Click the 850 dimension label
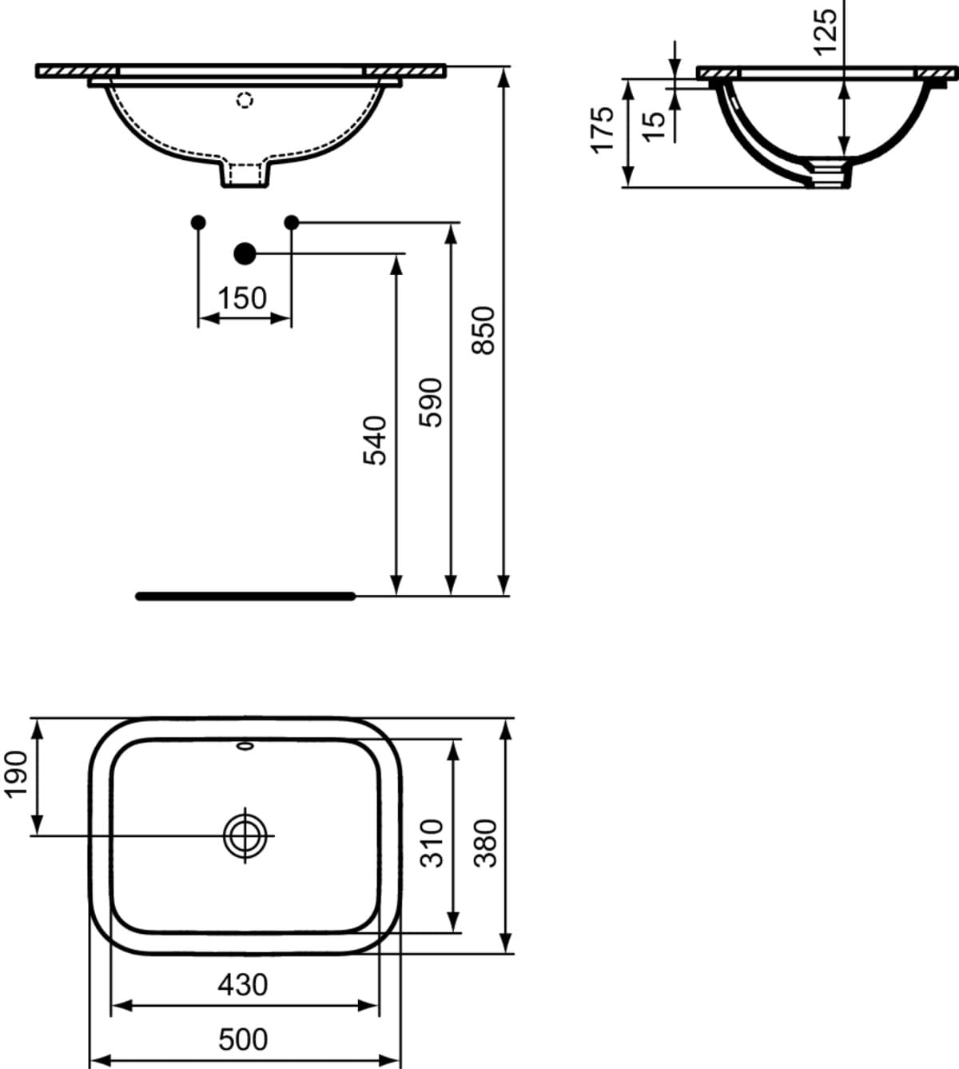click(483, 331)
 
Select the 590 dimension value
click(430, 402)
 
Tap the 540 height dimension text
click(375, 441)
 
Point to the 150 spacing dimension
click(242, 298)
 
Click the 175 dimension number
click(603, 130)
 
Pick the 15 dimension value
click(654, 126)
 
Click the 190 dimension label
click(15, 775)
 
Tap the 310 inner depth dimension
click(432, 844)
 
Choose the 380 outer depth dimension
click(485, 844)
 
